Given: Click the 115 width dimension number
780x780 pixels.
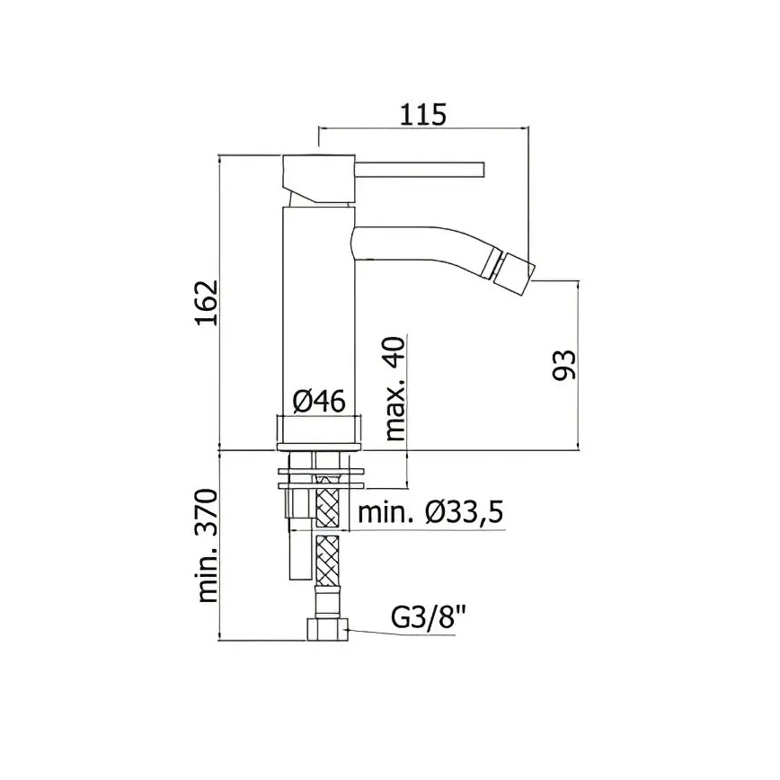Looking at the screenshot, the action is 423,115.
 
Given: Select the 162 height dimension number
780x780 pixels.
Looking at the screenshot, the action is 207,303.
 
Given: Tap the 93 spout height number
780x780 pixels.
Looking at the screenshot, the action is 564,365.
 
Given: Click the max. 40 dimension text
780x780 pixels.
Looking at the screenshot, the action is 395,388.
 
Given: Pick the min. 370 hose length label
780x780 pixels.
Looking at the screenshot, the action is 207,545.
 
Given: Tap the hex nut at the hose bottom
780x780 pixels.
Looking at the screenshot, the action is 328,629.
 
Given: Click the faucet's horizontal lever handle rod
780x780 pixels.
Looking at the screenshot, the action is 420,169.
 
